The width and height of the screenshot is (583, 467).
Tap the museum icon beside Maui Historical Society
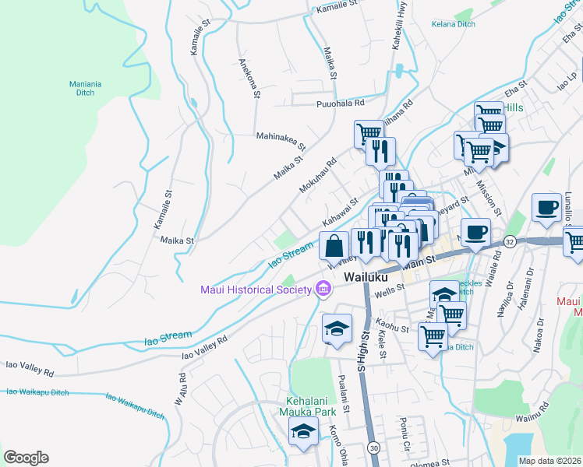click(x=323, y=290)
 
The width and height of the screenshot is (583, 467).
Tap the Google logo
click(x=26, y=458)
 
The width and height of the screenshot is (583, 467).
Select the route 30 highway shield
click(x=374, y=448)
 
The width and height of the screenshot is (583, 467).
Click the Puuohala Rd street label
click(x=341, y=103)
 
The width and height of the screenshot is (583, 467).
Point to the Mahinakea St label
click(x=281, y=140)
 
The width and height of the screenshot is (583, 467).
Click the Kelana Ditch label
click(x=453, y=24)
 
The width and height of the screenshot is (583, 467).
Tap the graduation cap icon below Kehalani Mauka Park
click(x=302, y=433)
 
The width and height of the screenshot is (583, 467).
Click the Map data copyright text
click(x=549, y=461)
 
